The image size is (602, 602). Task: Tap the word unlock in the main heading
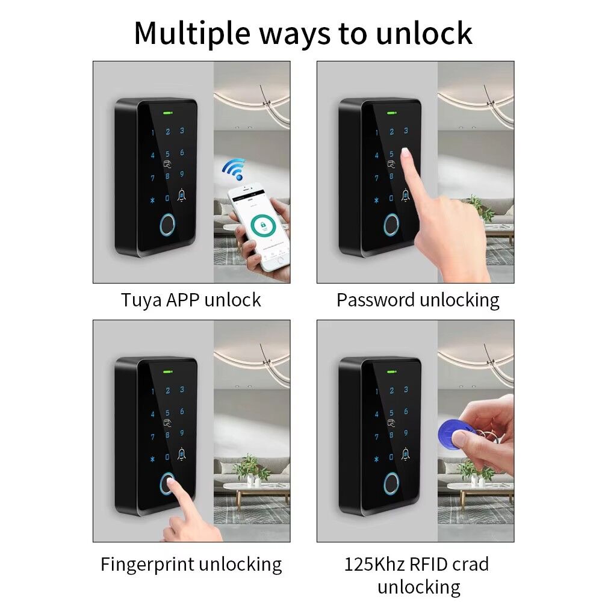[x=424, y=33]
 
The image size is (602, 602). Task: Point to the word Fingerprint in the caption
[x=147, y=564]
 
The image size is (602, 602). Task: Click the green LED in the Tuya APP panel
[x=167, y=112]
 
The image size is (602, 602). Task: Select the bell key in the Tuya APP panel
[x=182, y=195]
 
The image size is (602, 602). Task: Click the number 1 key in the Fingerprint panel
[x=153, y=392]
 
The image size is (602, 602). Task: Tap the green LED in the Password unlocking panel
[x=391, y=112]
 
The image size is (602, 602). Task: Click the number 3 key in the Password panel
[x=406, y=131]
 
